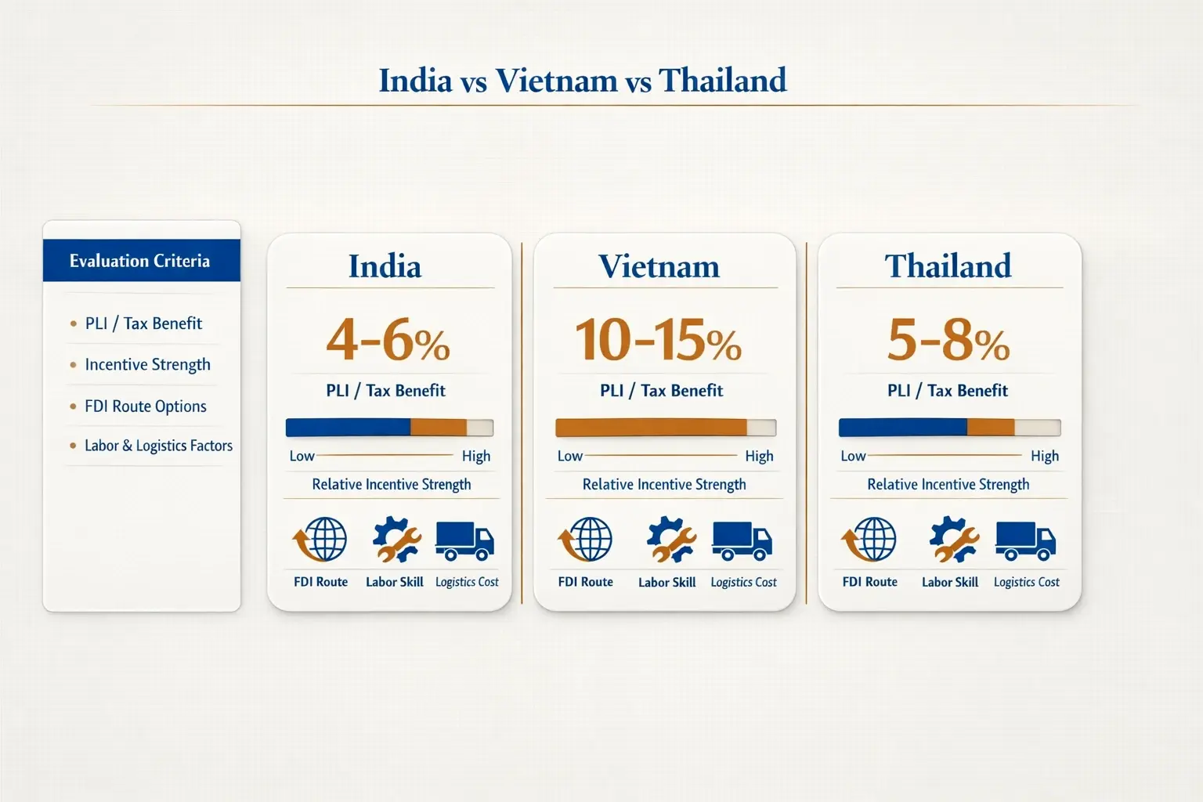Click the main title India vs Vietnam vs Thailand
[583, 81]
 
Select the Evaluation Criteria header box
[141, 261]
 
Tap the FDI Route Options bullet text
[146, 406]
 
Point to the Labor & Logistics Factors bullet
[158, 446]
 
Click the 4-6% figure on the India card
[388, 341]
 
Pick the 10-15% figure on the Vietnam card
[658, 341]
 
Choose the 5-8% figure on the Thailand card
[948, 341]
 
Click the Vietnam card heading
[659, 266]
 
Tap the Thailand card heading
[948, 266]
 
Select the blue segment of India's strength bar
[348, 428]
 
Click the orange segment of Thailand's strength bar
[991, 428]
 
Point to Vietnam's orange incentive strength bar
[651, 428]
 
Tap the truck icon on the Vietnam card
[742, 540]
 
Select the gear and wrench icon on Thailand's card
[953, 540]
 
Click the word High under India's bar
[476, 456]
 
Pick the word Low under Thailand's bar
[853, 456]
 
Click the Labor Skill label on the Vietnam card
[667, 583]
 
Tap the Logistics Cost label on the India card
[467, 582]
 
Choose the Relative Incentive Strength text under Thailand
[948, 485]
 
